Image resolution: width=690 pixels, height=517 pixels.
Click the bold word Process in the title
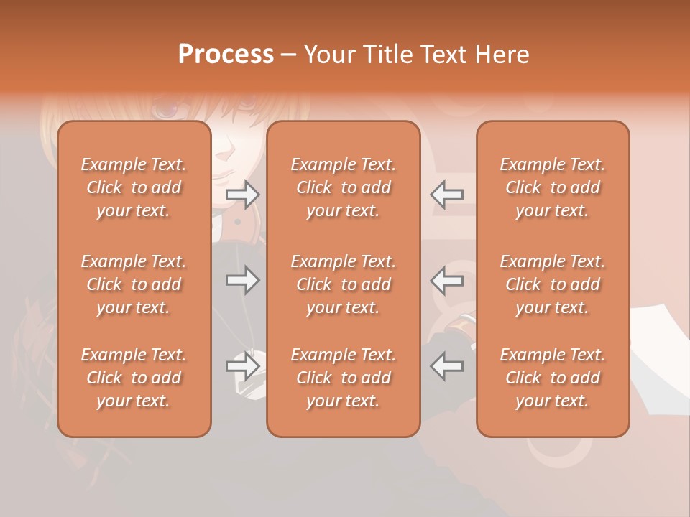[226, 55]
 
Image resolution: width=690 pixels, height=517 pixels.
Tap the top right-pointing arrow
[243, 194]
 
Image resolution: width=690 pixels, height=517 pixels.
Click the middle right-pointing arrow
[243, 280]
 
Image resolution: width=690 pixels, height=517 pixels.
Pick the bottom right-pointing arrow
[243, 366]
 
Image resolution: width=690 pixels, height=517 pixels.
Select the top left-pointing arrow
[446, 194]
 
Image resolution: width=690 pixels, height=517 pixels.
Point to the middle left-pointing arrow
[446, 280]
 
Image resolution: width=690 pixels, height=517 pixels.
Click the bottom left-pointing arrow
[446, 366]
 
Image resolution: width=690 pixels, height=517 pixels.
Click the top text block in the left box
[134, 187]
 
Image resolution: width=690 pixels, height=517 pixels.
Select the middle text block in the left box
[134, 284]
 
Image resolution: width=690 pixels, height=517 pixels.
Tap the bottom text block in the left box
[134, 378]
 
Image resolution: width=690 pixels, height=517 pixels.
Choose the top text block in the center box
[344, 187]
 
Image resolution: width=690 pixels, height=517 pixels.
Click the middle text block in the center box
[344, 284]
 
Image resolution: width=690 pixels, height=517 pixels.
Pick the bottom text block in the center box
[344, 378]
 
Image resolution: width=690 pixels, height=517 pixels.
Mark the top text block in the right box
[553, 187]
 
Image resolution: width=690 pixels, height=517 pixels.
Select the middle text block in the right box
[553, 284]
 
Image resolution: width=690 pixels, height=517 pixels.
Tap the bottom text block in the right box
[553, 378]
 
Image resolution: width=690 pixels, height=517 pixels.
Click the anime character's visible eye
[166, 110]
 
